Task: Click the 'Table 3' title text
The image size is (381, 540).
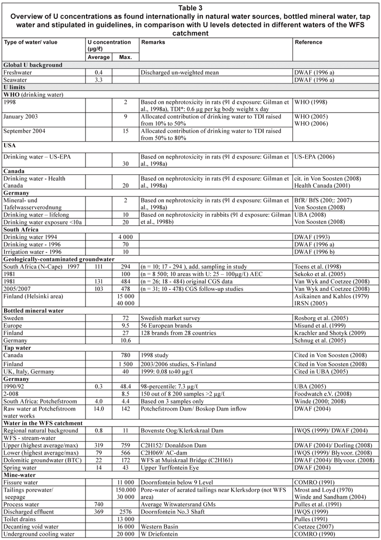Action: pos(190,7)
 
